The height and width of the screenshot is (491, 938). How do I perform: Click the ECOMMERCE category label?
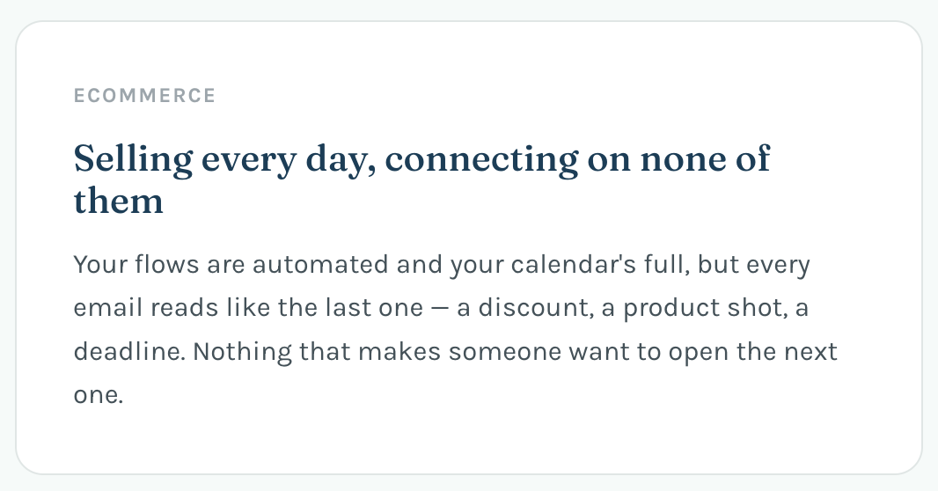pyautogui.click(x=144, y=96)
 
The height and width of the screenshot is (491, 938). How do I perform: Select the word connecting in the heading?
pyautogui.click(x=481, y=159)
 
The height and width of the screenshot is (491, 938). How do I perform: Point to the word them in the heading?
pyautogui.click(x=119, y=201)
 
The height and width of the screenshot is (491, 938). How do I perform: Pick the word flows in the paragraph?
pyautogui.click(x=166, y=264)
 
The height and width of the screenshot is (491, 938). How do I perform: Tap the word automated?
pyautogui.click(x=320, y=264)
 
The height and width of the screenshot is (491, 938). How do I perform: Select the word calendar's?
pyautogui.click(x=573, y=264)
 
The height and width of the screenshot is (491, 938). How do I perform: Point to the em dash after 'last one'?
pyautogui.click(x=440, y=308)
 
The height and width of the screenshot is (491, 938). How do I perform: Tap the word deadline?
pyautogui.click(x=129, y=351)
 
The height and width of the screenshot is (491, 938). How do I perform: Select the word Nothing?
pyautogui.click(x=242, y=351)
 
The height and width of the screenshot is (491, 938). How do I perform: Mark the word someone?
pyautogui.click(x=505, y=352)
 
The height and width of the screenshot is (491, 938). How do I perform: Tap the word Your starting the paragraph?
pyautogui.click(x=100, y=264)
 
